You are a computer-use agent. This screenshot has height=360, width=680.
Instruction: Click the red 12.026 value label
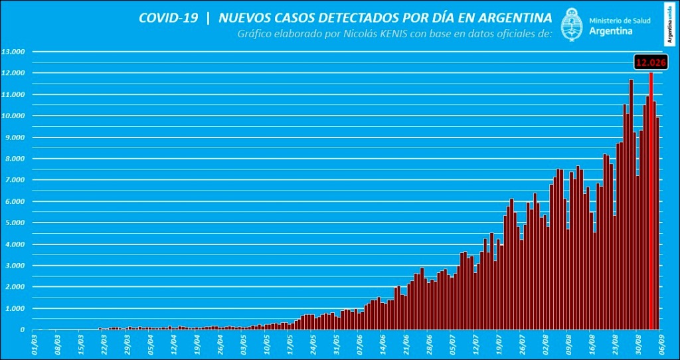point(650,62)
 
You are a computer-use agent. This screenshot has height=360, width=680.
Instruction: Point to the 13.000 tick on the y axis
point(13,51)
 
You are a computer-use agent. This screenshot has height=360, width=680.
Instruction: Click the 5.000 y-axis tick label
point(13,223)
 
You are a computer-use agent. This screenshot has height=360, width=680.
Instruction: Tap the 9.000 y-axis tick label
point(13,137)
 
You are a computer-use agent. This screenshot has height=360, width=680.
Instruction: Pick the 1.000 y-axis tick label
point(13,309)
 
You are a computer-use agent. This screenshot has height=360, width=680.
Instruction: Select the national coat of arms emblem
point(572,25)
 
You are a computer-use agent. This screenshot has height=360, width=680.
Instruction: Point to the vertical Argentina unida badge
point(671,24)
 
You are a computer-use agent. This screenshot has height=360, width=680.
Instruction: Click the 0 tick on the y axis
point(23,330)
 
